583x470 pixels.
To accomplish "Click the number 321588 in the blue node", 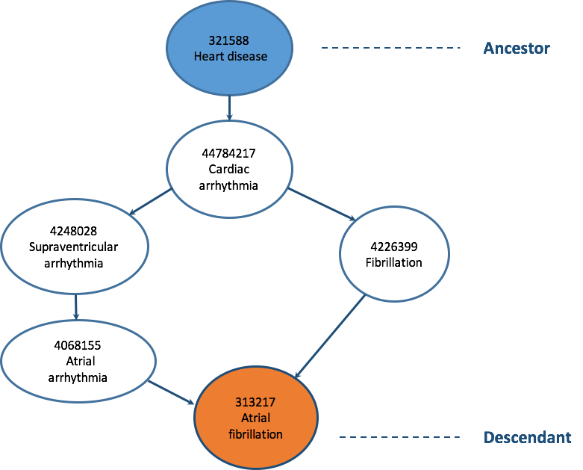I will pyautogui.click(x=229, y=41).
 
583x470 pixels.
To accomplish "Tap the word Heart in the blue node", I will pyautogui.click(x=209, y=56).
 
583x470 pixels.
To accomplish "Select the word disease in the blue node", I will pyautogui.click(x=247, y=56).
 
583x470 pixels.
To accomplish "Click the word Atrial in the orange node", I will pyautogui.click(x=255, y=419).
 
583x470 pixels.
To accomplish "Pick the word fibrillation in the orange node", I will pyautogui.click(x=255, y=433).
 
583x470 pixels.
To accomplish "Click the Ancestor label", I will pyautogui.click(x=517, y=49).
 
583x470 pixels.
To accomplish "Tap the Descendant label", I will pyautogui.click(x=528, y=437).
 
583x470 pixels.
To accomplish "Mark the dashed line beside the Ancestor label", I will pyautogui.click(x=391, y=49).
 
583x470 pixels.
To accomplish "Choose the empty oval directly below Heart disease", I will pyautogui.click(x=229, y=168).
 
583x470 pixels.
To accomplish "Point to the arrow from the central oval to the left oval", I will pyautogui.click(x=151, y=202).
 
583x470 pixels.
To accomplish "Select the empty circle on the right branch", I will pyautogui.click(x=394, y=254).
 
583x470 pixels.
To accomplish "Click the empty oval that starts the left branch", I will pyautogui.click(x=75, y=245).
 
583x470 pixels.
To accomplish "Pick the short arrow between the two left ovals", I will pyautogui.click(x=76, y=306).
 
